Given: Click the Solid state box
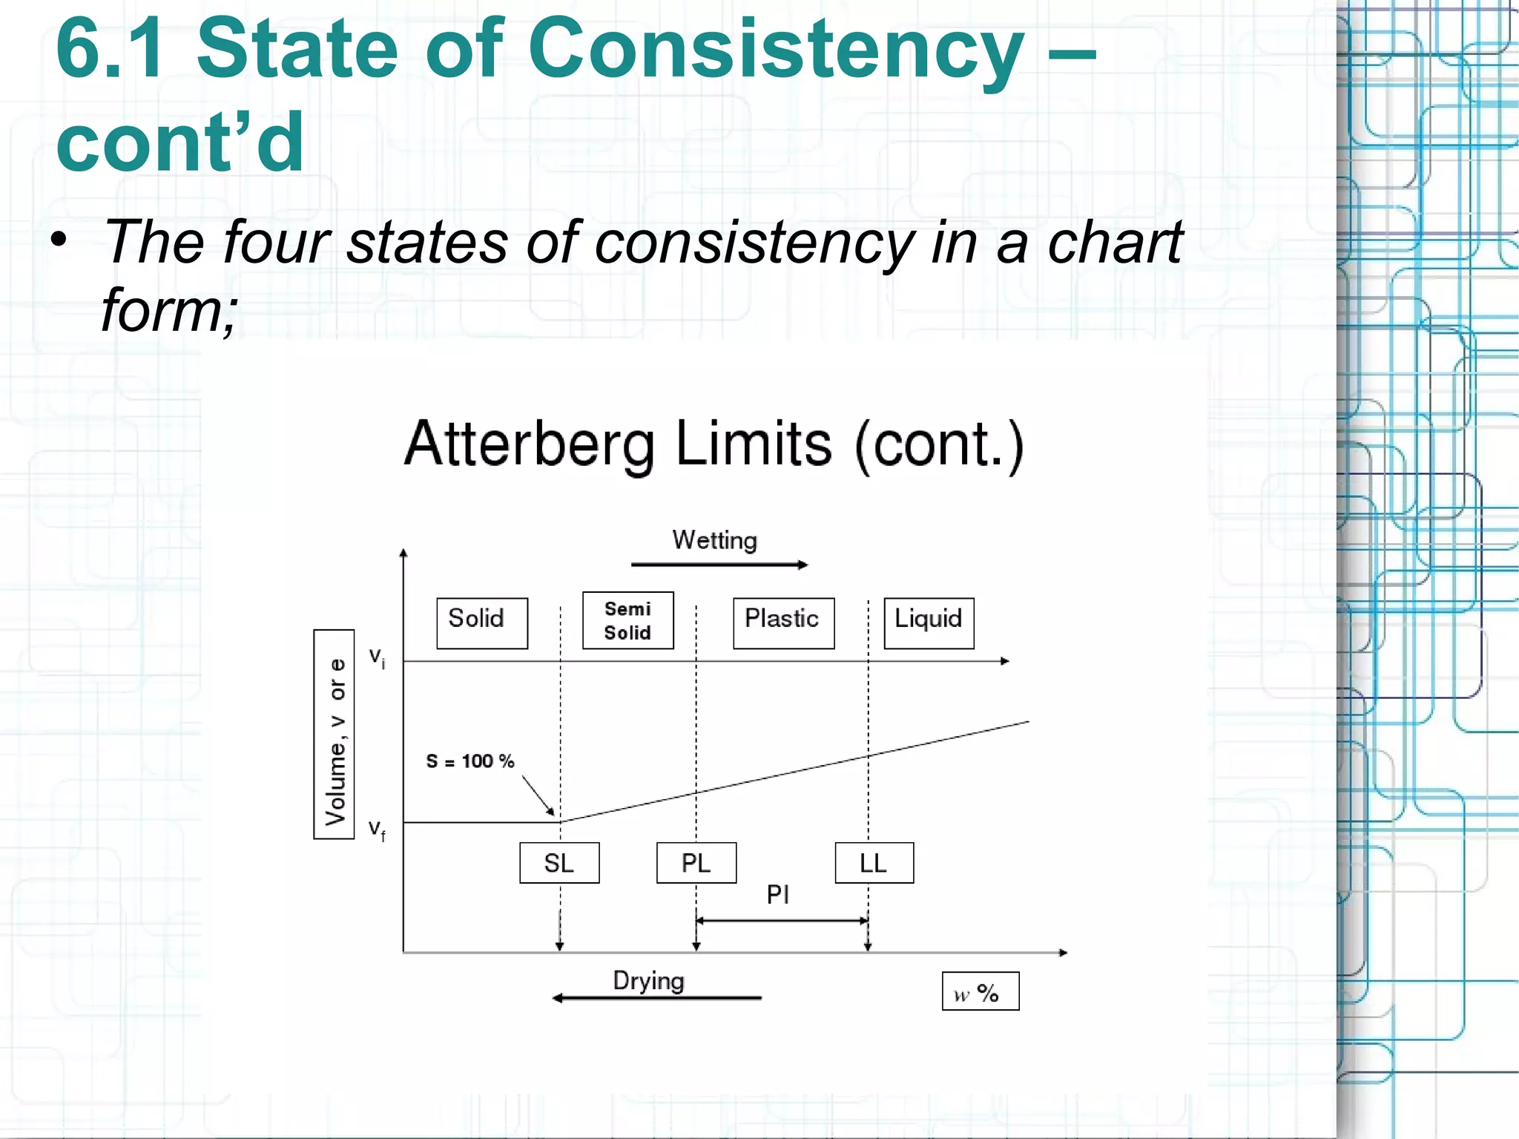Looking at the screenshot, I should coord(481,623).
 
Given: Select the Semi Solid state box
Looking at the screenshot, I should coord(627,620).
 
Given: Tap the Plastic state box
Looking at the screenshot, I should coord(783,623).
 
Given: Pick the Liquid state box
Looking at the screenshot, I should coord(929,623).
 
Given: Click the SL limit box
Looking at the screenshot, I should coord(559,863).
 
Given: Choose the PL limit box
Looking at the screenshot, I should coord(696,863).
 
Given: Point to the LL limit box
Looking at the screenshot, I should coord(874,863).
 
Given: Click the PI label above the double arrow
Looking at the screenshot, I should coord(778,895).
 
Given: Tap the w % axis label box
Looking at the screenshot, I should coord(980,991).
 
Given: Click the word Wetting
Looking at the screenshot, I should coord(714,540).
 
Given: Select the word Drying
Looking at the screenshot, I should coord(648,981).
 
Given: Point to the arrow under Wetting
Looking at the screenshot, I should coord(719,565).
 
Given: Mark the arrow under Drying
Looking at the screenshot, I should coord(656,998).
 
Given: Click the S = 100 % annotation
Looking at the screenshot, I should coord(469,761).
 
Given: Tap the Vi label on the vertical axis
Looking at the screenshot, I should coord(377,657).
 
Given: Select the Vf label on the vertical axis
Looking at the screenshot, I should coord(377,830).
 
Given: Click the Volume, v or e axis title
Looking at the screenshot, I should coord(335,735).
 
